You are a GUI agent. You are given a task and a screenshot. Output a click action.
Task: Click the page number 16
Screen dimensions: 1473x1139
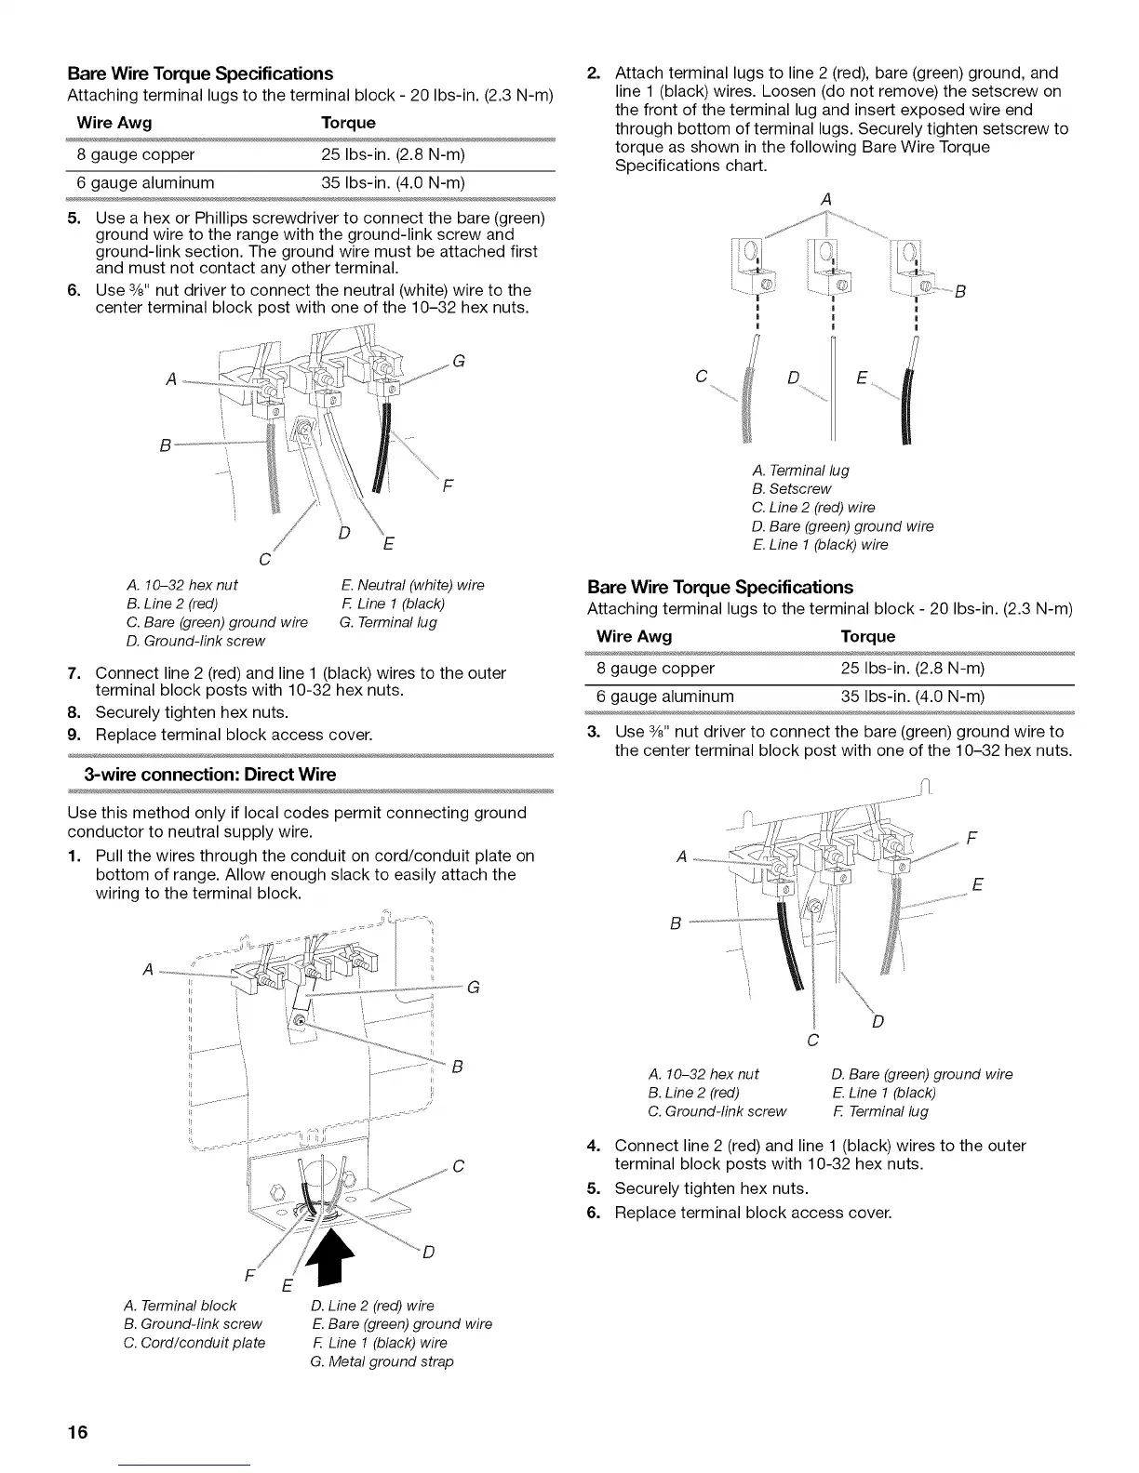coord(77,1431)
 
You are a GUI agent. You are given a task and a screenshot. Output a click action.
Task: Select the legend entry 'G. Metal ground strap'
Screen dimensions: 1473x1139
coord(382,1361)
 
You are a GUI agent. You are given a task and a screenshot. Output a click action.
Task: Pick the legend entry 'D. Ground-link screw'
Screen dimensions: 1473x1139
coord(194,641)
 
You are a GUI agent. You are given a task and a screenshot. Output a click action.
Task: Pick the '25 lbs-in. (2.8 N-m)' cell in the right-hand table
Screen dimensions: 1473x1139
coord(912,669)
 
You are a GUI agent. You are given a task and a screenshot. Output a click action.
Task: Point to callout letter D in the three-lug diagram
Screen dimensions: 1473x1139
coord(793,378)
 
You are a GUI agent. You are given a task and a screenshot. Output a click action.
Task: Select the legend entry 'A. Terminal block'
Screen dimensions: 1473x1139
coord(181,1306)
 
